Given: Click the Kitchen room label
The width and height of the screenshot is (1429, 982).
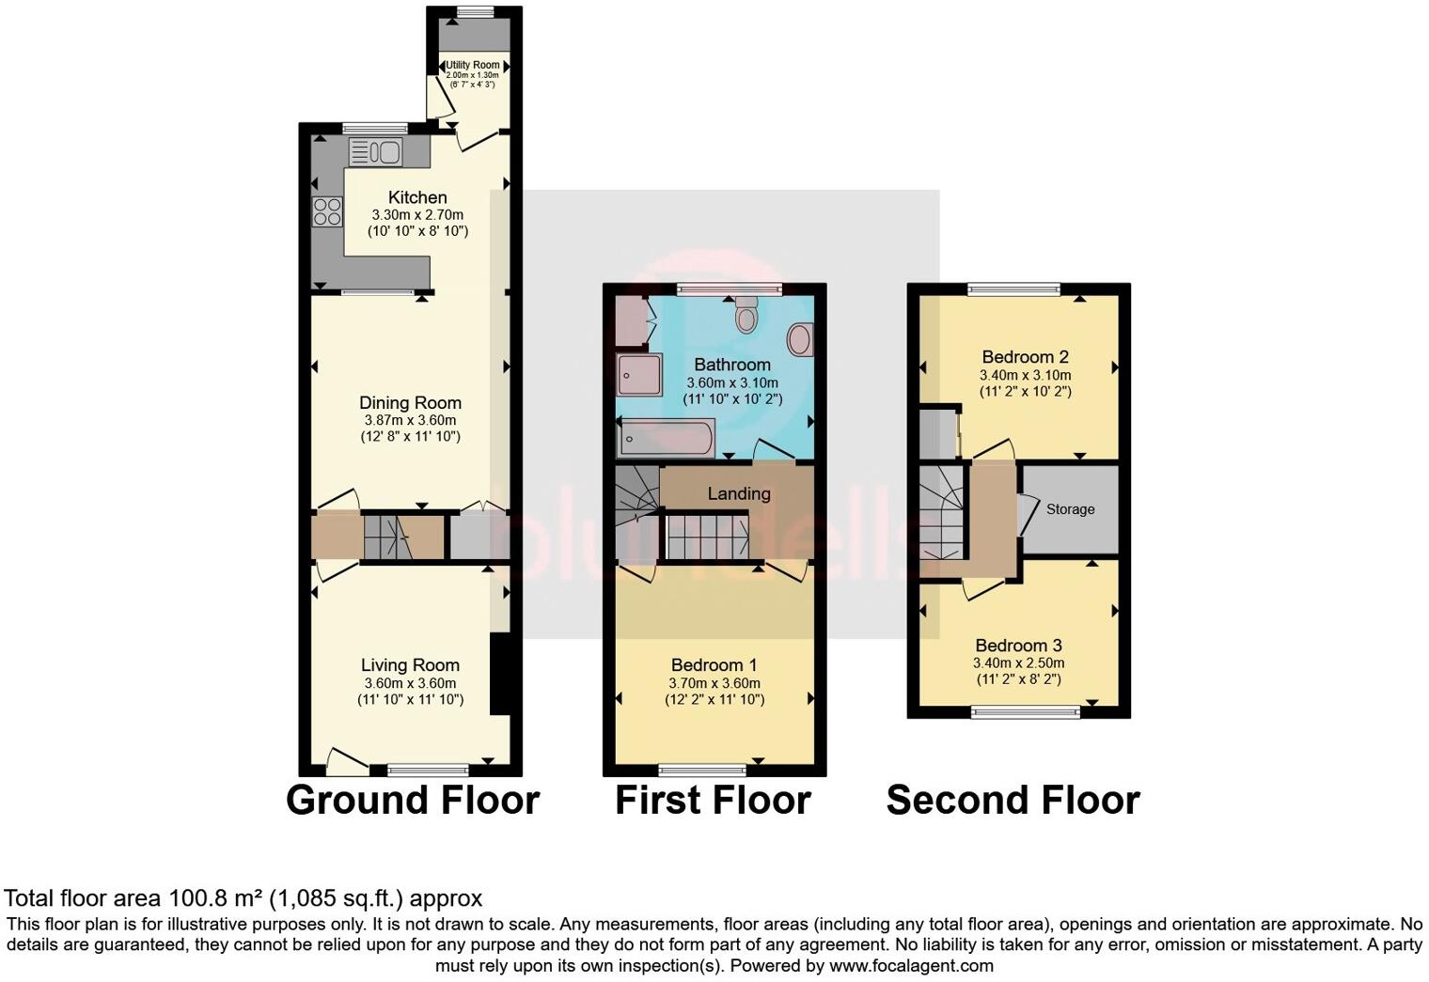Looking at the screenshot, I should click(x=417, y=197).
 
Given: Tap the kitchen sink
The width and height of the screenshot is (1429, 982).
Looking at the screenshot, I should click(x=375, y=151).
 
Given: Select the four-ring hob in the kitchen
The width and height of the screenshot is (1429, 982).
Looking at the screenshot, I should click(x=327, y=211).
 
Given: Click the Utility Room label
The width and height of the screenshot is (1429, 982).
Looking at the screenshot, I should click(x=473, y=65).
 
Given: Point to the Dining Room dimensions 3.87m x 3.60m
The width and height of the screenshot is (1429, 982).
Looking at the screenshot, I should click(x=410, y=420).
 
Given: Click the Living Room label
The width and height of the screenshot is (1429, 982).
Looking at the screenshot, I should click(x=410, y=665).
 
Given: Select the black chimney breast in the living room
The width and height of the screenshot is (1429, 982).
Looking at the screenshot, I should click(x=500, y=676).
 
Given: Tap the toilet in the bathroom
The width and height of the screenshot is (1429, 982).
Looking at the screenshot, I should click(x=746, y=315).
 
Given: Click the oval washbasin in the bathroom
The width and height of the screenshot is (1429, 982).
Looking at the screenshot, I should click(x=800, y=339).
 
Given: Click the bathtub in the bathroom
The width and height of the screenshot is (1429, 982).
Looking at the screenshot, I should click(x=666, y=439).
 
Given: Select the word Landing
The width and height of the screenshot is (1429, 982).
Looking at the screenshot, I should click(x=739, y=493).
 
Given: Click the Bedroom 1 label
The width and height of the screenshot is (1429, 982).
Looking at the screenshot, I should click(x=714, y=665).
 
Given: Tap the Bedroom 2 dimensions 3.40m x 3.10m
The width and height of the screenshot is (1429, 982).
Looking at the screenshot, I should click(x=1025, y=374).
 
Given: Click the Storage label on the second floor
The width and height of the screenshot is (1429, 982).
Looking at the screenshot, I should click(x=1070, y=509).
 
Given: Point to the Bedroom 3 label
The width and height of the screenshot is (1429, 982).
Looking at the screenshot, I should click(x=1018, y=646).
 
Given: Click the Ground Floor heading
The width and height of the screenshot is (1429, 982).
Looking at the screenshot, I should click(x=413, y=801).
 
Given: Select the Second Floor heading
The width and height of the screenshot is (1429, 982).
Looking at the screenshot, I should click(x=1013, y=801).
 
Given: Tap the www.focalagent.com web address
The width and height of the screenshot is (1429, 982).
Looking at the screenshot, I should click(x=910, y=965).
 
